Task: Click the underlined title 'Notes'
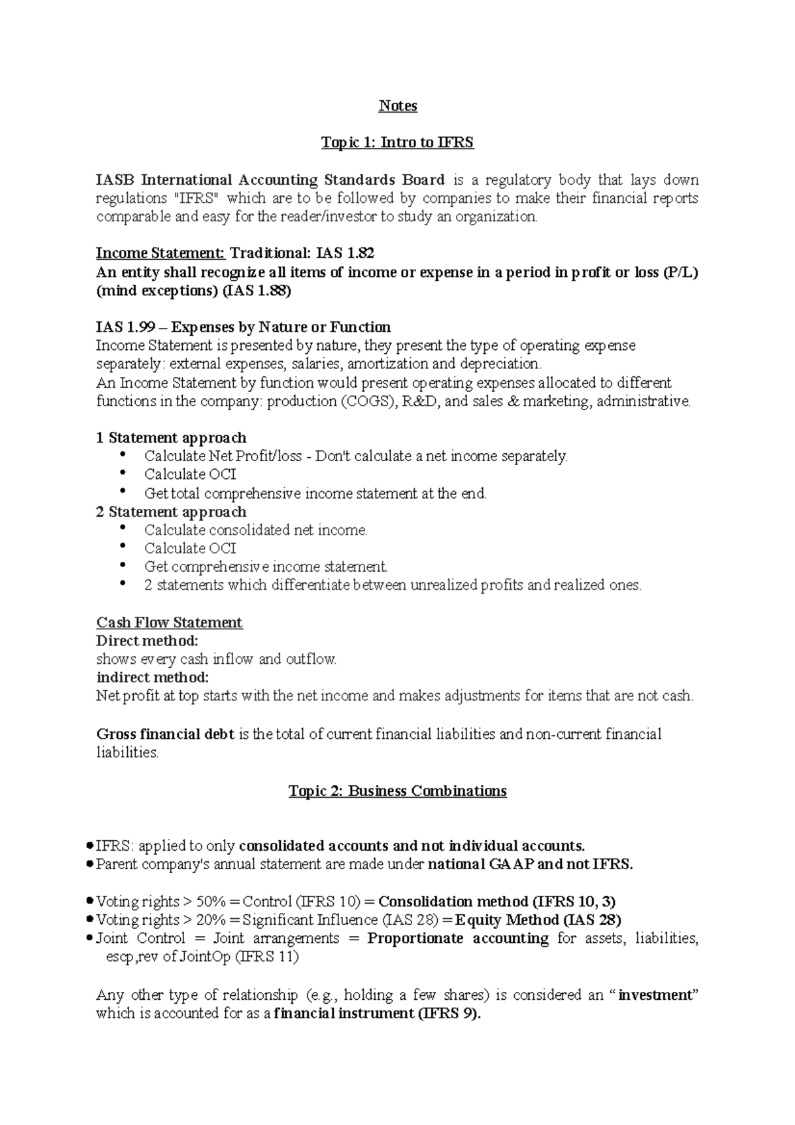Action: (x=397, y=106)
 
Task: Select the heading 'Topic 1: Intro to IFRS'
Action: (x=397, y=142)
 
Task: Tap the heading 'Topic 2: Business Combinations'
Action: (x=397, y=791)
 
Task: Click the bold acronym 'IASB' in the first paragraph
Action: (x=116, y=180)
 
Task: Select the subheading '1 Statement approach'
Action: (x=171, y=438)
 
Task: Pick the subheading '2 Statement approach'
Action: (x=171, y=512)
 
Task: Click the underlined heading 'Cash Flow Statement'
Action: (x=170, y=623)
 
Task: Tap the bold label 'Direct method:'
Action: (x=147, y=641)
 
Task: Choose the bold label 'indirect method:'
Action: (x=152, y=678)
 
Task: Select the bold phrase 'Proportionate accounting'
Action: (x=458, y=939)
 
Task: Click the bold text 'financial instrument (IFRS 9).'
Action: (x=378, y=1014)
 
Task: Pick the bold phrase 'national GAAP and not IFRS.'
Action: (x=531, y=865)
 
